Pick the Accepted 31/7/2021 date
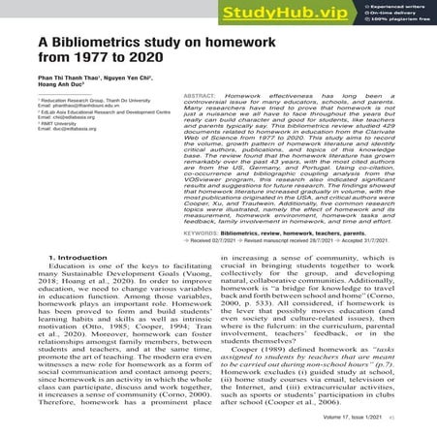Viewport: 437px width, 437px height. pyautogui.click(x=365, y=242)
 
